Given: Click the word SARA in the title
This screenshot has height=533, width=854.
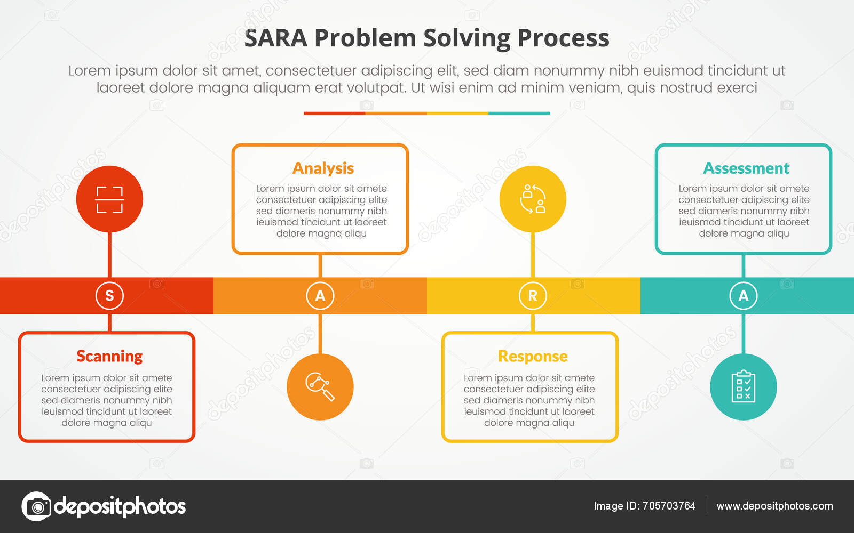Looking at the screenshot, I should pos(275,38).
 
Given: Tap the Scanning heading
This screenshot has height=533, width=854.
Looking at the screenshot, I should pos(109,356).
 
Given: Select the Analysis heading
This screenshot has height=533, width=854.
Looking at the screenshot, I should pos(323,168).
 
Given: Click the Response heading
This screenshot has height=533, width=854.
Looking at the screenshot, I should pos(532,356).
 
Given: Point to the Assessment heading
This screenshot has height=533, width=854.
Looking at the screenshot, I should pos(746,168).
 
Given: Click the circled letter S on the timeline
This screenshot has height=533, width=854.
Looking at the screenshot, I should pos(109,295).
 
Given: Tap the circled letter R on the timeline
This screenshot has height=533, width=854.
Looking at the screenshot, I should pos(533,295).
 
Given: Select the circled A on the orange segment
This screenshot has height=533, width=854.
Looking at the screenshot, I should pos(320,295).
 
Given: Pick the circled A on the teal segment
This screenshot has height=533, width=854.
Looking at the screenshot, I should pos(743,295).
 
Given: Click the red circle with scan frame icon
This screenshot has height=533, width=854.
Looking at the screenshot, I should pos(109,199).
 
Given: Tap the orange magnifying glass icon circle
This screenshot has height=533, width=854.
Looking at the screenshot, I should pos(320,386).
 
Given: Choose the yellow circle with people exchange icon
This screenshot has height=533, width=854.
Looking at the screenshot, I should pos(533,199).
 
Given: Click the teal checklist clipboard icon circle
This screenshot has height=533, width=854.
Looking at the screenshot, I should pos(743,386).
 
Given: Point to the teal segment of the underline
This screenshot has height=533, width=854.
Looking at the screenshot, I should pos(519,113).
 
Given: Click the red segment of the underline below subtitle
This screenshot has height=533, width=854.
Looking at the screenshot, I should pos(334,113).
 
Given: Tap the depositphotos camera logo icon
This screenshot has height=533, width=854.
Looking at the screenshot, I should pos(36,506).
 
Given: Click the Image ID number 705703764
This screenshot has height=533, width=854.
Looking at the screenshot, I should pos(669,506).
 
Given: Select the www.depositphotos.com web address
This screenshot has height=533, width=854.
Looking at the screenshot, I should pos(774,506).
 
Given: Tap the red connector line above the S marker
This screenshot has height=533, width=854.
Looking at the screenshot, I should pos(109,255).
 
